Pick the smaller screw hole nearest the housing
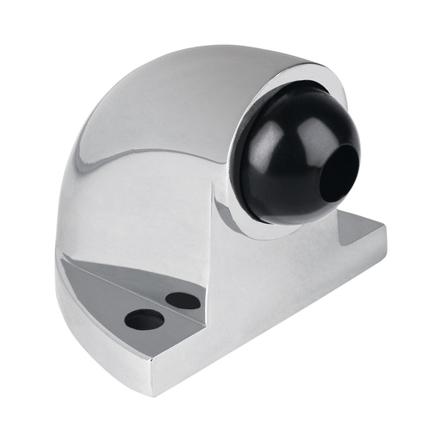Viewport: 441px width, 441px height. click(180, 300)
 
